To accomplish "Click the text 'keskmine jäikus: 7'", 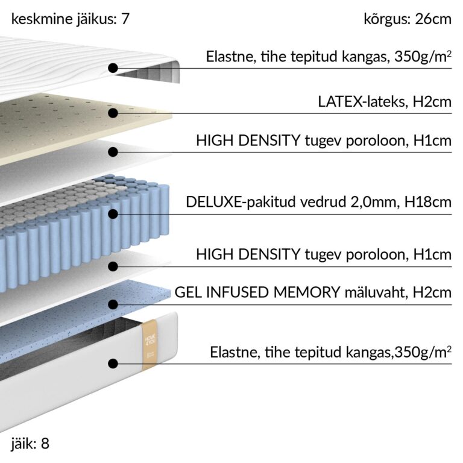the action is [71, 19].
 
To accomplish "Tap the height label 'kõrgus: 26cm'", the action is [408, 19].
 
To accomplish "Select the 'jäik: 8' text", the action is [30, 444].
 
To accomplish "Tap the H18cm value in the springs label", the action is [428, 203].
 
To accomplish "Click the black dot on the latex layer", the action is [113, 113].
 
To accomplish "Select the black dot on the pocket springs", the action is [113, 214].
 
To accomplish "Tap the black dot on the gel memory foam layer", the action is [113, 304].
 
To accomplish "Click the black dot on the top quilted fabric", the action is [113, 68].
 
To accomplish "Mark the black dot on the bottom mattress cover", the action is [113, 364].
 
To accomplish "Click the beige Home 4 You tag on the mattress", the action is [150, 345].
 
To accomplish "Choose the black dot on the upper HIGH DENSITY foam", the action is [113, 152].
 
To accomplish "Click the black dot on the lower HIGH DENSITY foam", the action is [113, 266].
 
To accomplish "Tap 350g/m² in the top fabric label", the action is [423, 57].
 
